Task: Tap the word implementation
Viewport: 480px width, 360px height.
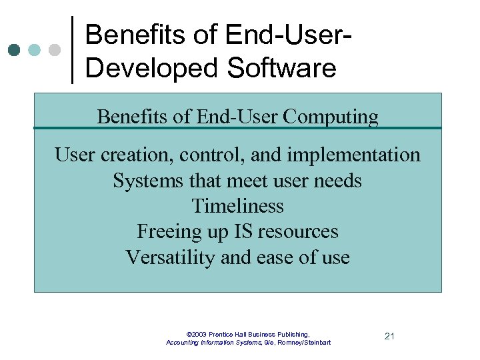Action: [x=354, y=155]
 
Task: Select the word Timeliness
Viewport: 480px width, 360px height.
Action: [x=237, y=206]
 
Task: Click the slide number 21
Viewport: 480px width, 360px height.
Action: [x=390, y=336]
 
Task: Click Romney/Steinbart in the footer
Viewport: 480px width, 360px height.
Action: [x=304, y=343]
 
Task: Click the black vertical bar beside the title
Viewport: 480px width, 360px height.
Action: [x=72, y=49]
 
